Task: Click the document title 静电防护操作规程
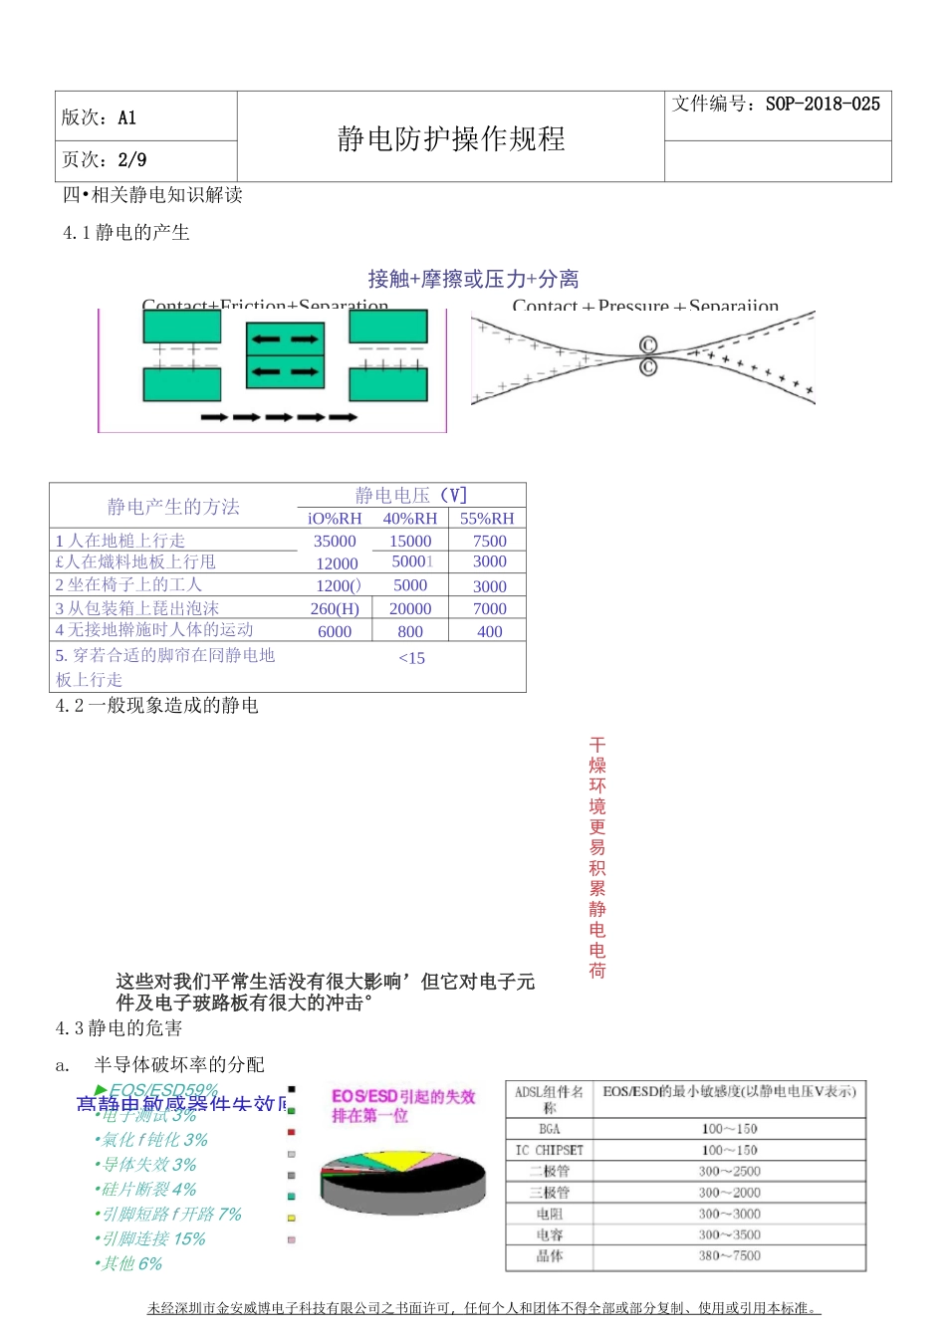point(451,138)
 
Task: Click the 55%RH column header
point(487,519)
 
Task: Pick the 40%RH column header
point(410,519)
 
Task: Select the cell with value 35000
point(335,542)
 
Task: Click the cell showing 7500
point(489,542)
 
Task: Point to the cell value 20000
point(410,608)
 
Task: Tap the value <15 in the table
point(411,658)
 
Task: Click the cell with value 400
point(489,631)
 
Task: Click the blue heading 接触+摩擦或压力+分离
point(473,279)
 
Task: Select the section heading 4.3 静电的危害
point(118,1028)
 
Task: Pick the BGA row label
point(550,1129)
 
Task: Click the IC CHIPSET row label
point(550,1150)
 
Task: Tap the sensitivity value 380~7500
point(729,1256)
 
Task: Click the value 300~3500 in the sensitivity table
point(729,1235)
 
